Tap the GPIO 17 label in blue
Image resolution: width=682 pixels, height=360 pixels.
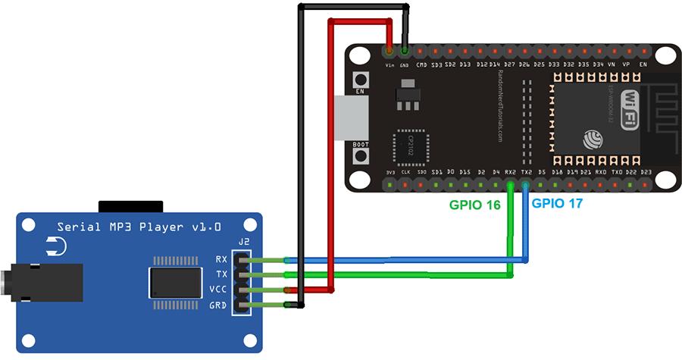pos(558,203)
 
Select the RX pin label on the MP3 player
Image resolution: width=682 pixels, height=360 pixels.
pos(221,259)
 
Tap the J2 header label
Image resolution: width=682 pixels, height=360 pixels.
pos(243,243)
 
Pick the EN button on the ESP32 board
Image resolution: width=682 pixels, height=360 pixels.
pos(361,79)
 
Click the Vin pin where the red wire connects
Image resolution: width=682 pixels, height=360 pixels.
pos(389,52)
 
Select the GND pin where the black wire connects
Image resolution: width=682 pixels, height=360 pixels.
pos(405,52)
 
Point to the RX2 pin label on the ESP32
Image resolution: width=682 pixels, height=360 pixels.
pos(511,173)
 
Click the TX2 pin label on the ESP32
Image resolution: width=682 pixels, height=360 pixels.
pos(525,173)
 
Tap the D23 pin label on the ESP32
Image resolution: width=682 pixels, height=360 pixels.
pos(646,173)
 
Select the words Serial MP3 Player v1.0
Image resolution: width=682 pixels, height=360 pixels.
pos(139,227)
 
